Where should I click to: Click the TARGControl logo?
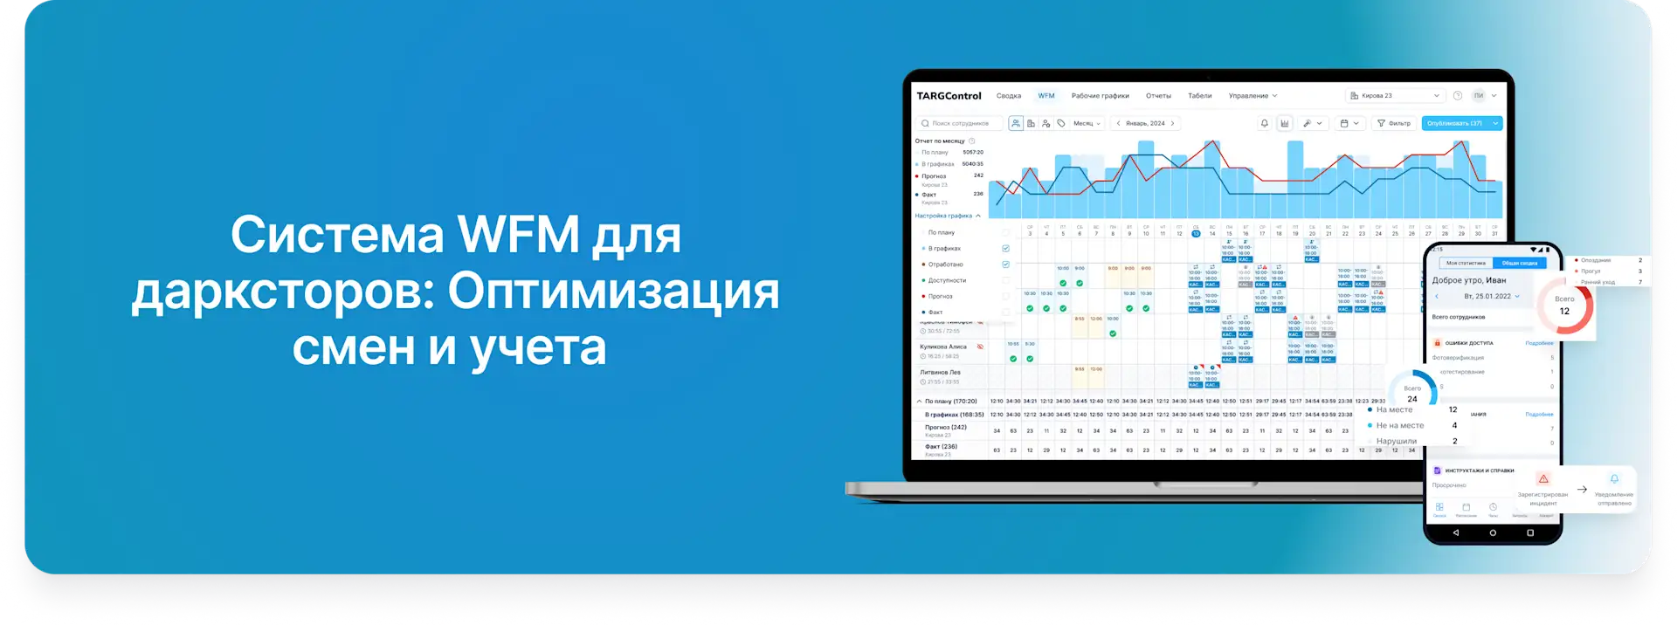point(949,96)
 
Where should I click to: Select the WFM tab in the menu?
point(1046,96)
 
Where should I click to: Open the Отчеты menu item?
point(1158,96)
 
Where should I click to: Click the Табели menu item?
point(1199,96)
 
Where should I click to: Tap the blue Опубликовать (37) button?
point(1455,123)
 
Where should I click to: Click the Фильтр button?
point(1394,123)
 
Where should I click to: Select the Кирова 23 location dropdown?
point(1395,96)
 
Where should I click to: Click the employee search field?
point(960,123)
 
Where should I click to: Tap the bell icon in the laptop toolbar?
point(1264,123)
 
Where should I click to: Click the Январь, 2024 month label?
point(1145,123)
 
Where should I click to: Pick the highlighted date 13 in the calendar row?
point(1196,233)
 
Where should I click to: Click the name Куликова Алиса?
point(943,347)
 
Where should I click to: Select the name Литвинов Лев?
point(940,372)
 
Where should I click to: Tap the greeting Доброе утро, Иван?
point(1469,280)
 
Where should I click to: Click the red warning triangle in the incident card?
point(1543,478)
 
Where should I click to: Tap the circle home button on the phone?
point(1493,532)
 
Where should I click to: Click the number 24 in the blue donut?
point(1412,399)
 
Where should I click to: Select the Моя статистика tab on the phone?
point(1466,263)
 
